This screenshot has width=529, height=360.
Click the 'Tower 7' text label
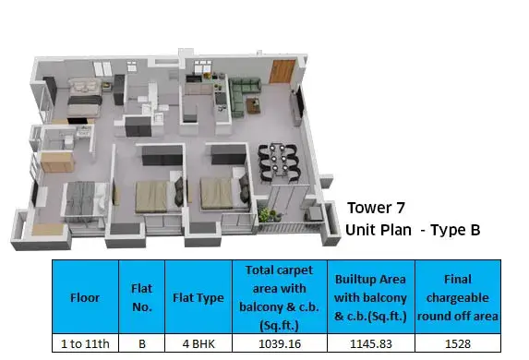(376, 208)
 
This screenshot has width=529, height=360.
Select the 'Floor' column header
(85, 297)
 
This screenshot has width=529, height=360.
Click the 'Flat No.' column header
(141, 297)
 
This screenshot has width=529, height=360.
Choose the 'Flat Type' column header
(198, 297)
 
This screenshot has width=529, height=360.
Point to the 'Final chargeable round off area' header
(458, 297)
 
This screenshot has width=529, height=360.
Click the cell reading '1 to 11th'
(85, 343)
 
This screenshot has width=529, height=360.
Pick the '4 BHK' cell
(198, 343)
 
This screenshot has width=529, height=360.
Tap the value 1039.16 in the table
(280, 343)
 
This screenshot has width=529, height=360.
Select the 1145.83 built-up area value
(371, 343)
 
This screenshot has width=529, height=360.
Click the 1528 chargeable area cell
(458, 343)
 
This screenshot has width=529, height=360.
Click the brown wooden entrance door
(283, 71)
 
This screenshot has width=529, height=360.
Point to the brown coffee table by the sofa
(254, 105)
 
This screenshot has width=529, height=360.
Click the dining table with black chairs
(279, 162)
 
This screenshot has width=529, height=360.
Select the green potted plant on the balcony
(267, 214)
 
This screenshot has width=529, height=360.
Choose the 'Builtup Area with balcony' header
(370, 297)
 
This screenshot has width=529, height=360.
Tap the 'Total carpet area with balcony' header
(280, 297)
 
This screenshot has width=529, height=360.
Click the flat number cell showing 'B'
(142, 343)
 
